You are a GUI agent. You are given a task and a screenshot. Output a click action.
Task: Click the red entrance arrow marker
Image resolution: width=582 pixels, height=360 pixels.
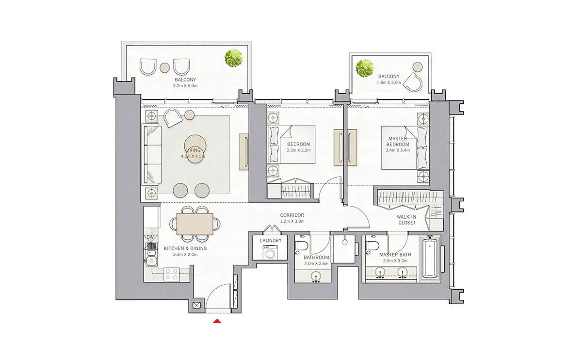tap(217, 321)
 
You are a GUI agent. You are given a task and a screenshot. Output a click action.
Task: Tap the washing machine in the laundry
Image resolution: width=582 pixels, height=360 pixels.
tap(270, 252)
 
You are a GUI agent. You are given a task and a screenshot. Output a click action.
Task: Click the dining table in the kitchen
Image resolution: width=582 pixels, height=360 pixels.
tap(194, 224)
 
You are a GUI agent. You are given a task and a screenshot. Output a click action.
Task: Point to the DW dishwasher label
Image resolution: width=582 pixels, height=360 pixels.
tap(150, 237)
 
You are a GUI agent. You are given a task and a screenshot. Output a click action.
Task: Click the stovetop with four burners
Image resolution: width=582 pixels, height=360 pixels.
tap(172, 275)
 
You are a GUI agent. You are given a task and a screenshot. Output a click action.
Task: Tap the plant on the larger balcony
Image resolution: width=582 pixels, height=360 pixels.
tap(234, 58)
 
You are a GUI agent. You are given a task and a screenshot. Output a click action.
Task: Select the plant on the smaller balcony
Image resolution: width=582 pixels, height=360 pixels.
tap(365, 68)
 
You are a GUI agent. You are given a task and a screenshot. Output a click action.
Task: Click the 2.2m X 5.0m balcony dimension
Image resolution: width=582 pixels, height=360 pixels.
tap(185, 85)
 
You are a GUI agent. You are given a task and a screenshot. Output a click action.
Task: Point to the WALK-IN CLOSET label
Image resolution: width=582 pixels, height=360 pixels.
tap(407, 220)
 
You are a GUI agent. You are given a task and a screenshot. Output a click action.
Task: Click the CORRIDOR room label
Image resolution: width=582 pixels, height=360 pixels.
tap(292, 215)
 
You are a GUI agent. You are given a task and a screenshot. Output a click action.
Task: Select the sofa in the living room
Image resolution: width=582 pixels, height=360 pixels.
tap(152, 155)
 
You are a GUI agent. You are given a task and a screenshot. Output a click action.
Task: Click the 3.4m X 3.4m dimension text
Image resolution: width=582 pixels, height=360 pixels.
tap(398, 150)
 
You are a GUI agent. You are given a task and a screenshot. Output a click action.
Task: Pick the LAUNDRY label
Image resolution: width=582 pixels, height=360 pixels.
tap(271, 241)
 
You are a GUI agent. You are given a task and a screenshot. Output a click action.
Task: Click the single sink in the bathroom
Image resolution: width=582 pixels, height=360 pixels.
tap(316, 276)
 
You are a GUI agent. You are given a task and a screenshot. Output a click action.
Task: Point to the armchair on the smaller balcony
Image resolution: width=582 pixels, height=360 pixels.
tap(414, 82)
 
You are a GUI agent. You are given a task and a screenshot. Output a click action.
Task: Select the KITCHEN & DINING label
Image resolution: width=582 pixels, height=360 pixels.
tap(185, 248)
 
